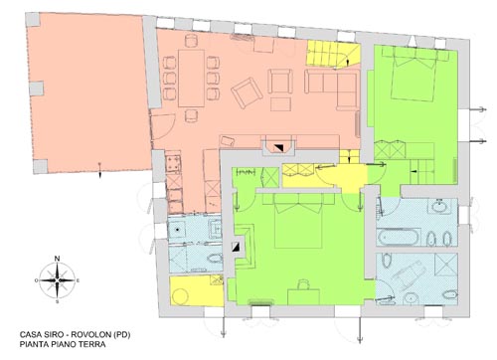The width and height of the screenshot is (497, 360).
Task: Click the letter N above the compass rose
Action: (58, 259)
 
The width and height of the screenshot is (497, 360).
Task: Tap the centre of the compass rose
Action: (58, 280)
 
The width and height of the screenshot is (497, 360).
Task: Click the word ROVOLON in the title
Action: (90, 335)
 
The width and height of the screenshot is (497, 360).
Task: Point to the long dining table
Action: (192, 78)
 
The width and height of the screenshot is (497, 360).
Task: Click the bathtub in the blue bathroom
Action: (399, 237)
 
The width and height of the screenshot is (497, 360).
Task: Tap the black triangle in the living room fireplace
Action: (279, 148)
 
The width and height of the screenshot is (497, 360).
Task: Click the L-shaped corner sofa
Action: (331, 88)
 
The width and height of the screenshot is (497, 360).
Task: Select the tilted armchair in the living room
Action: (248, 92)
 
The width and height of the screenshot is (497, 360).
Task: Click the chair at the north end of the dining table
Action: (192, 41)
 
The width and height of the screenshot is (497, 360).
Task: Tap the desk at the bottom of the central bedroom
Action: (303, 296)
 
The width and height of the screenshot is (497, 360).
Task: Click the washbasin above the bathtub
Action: (440, 206)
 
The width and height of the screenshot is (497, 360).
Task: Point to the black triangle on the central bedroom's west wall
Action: (238, 247)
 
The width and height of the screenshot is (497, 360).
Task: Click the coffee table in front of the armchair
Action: (280, 103)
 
